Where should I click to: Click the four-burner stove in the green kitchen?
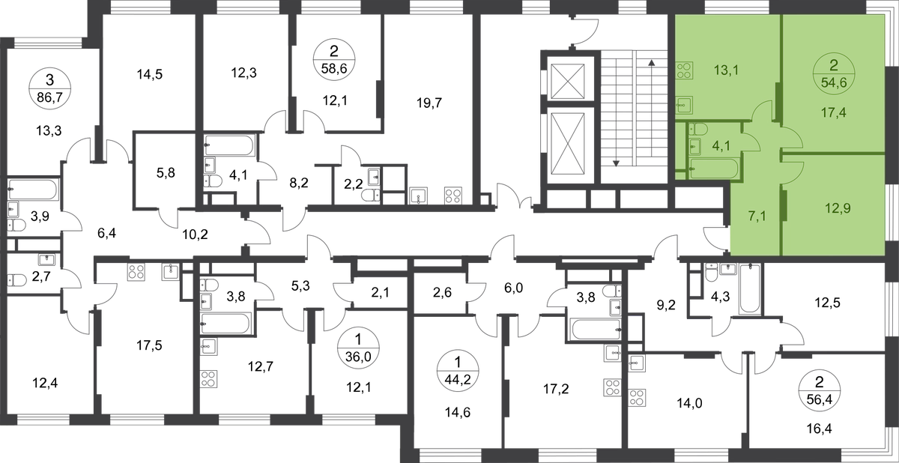(684, 72)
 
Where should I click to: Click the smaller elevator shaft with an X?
(569, 79)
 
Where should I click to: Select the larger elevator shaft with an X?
(569, 139)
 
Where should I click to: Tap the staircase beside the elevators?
(634, 112)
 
